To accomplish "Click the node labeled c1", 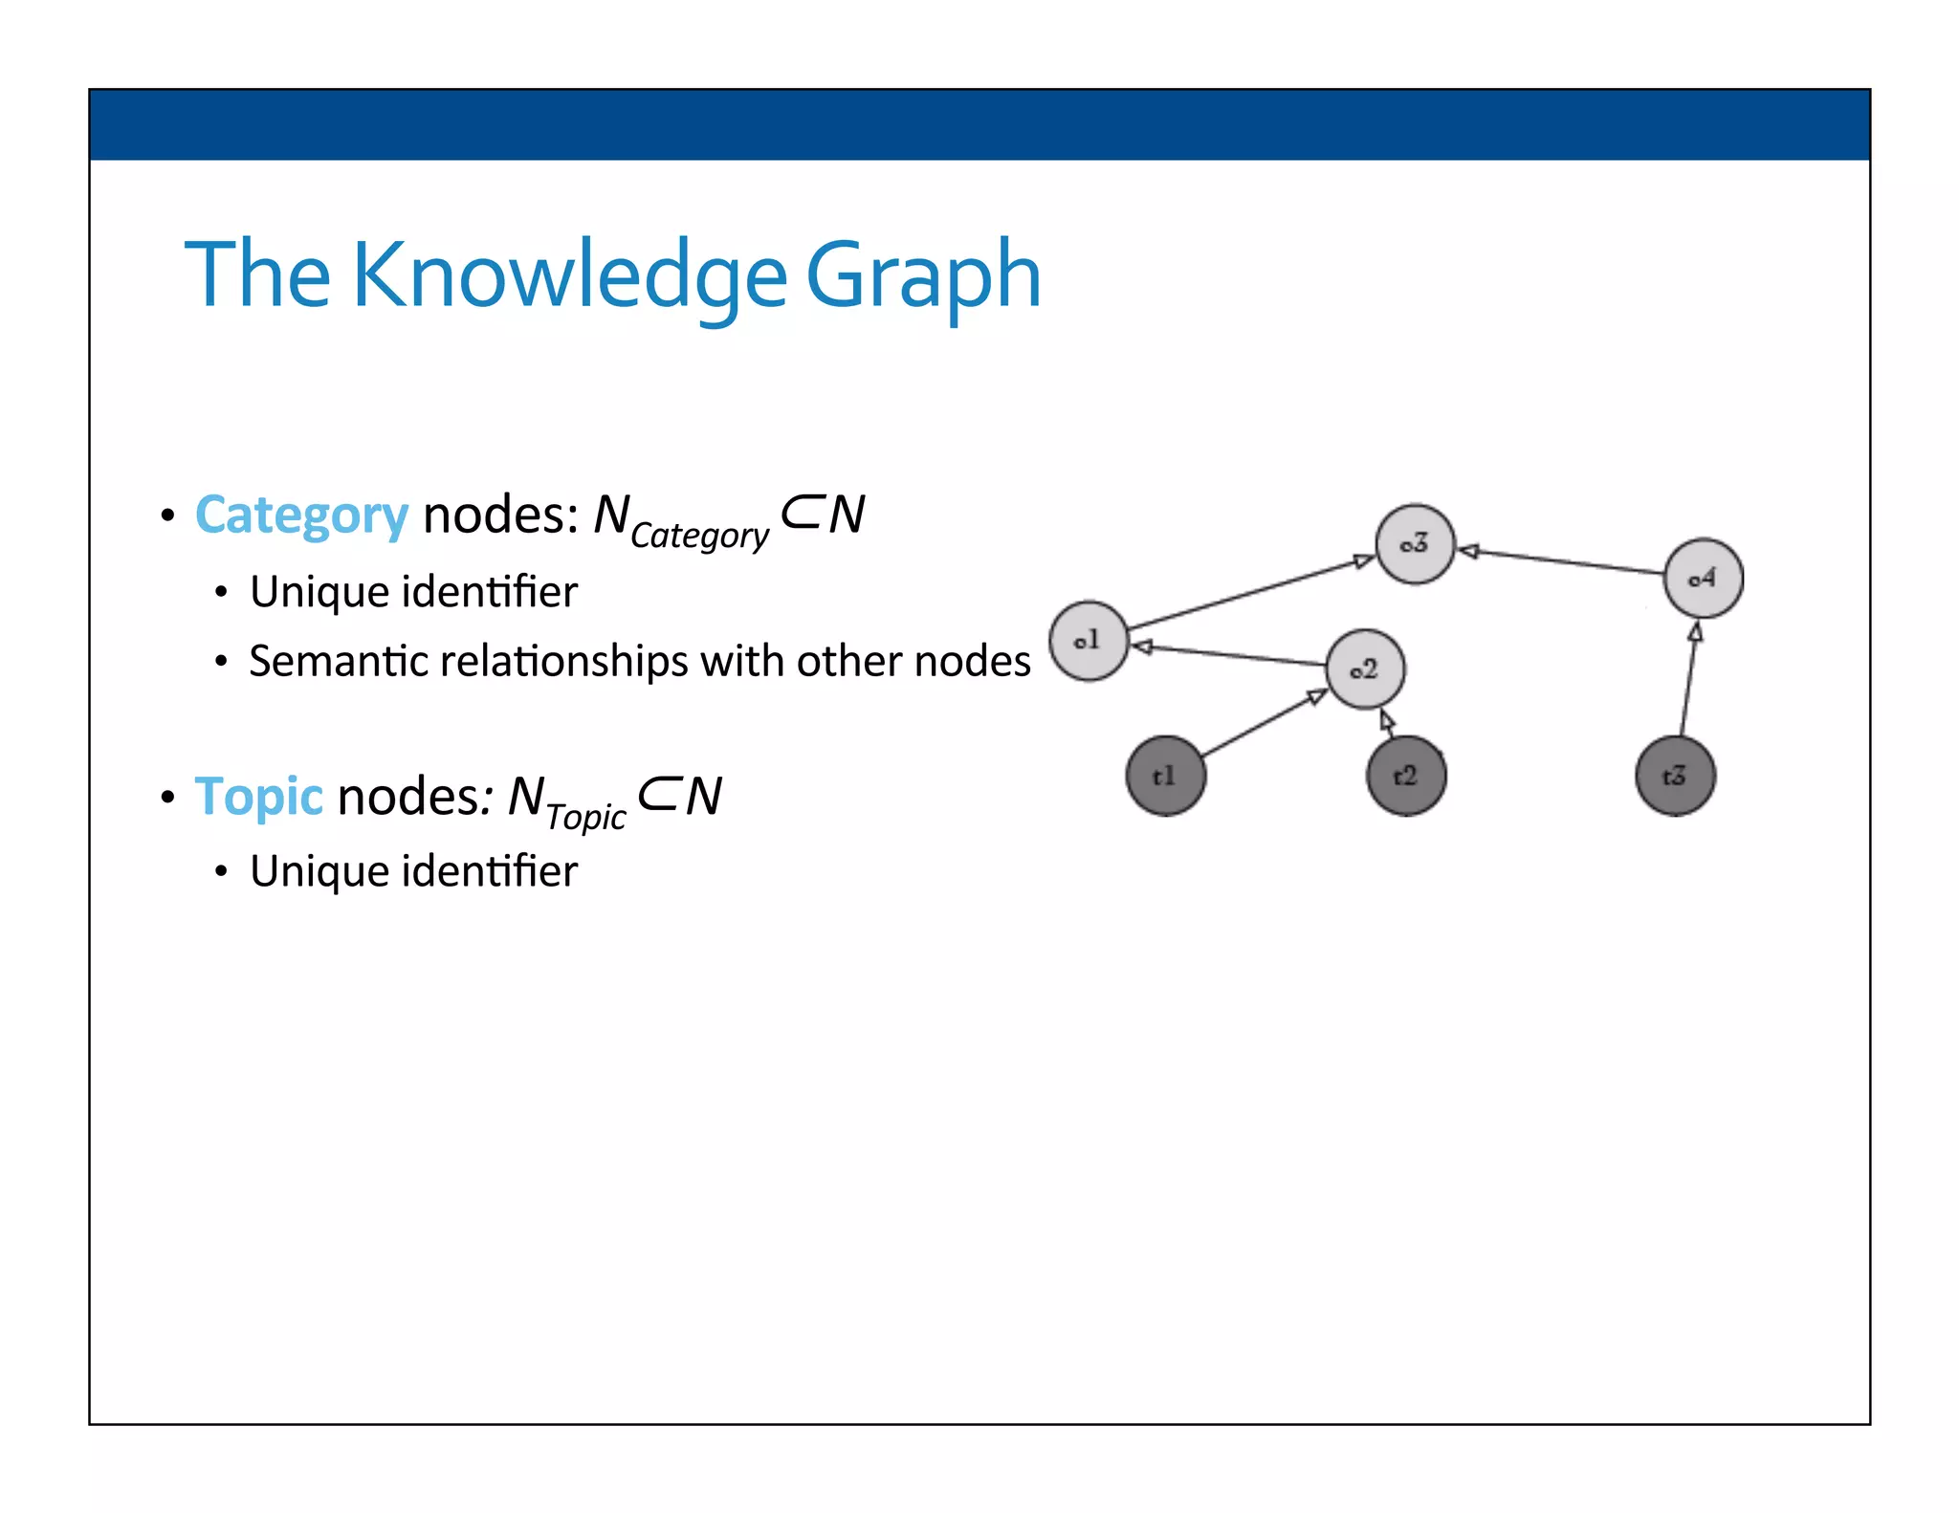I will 1089,641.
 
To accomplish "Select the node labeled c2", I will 1365,669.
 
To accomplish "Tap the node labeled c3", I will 1415,544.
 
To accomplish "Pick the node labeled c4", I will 1703,578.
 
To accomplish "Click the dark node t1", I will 1165,776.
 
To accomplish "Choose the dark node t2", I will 1405,776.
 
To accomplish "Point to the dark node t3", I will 1675,776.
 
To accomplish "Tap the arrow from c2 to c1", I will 1229,655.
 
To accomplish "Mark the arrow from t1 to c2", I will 1263,723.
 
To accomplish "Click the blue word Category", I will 301,516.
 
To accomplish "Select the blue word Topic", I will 259,797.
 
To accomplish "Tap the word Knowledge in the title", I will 570,275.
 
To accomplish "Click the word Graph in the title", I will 923,275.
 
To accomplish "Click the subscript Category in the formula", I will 699,536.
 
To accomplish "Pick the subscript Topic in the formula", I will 585,816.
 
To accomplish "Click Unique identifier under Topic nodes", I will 413,871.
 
